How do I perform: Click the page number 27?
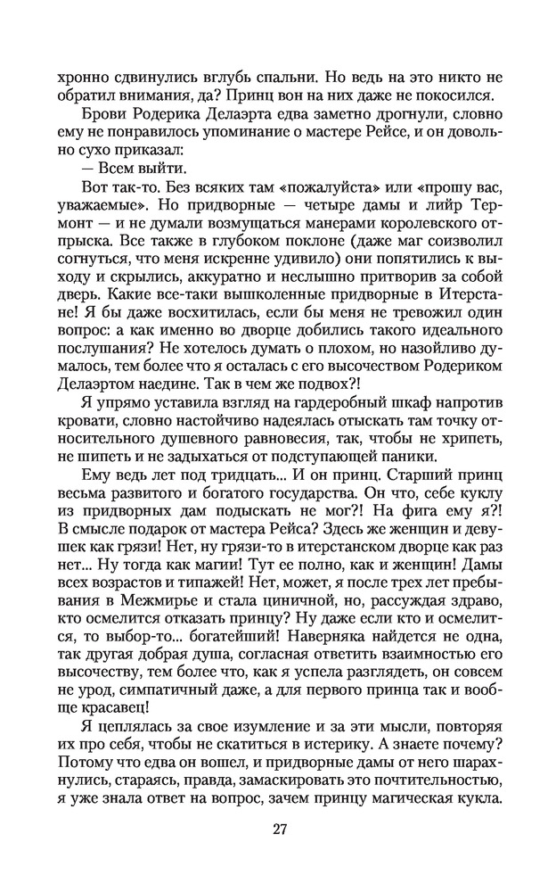tap(278, 830)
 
